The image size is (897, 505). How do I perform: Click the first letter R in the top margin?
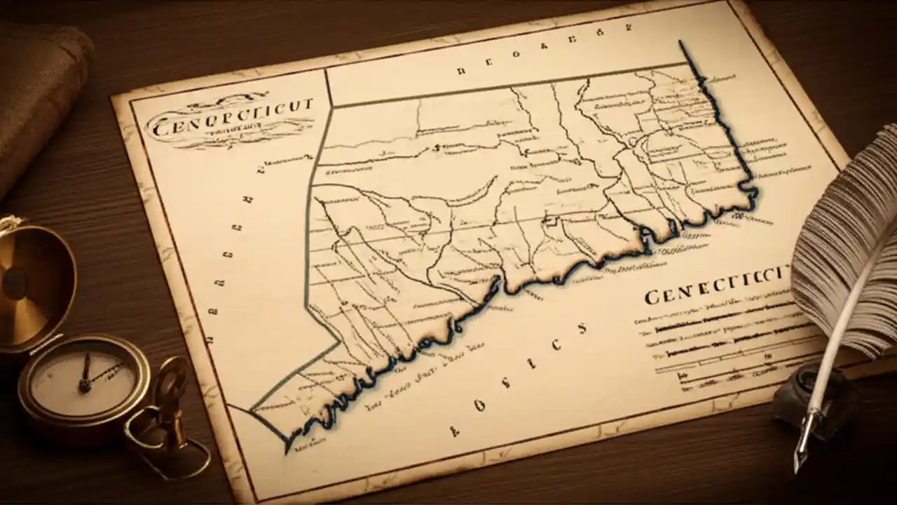coord(460,70)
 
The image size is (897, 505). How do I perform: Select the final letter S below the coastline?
coord(580,328)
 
